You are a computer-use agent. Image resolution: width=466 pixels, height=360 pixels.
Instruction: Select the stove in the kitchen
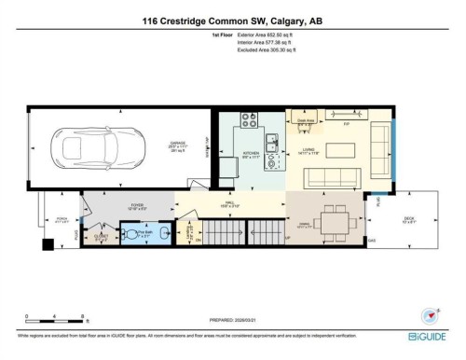pyautogui.click(x=250, y=120)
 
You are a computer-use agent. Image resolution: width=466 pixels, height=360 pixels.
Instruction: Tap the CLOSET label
pyautogui.click(x=102, y=235)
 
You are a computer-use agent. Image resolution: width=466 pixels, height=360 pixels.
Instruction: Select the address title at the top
pyautogui.click(x=232, y=20)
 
